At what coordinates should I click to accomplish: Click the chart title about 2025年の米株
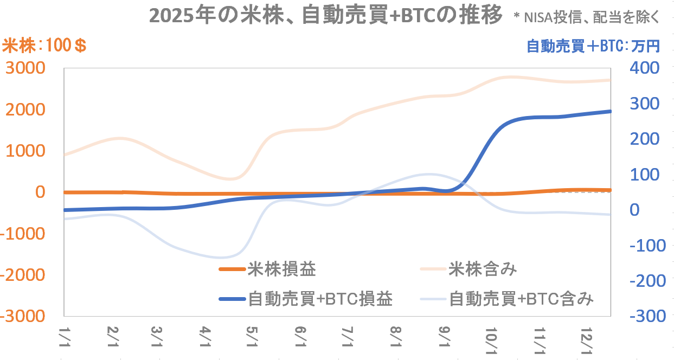(x=325, y=16)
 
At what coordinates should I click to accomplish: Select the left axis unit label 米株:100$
(x=45, y=46)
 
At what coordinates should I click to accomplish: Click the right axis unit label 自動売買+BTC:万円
(x=593, y=46)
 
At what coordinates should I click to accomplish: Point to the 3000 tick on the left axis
(x=26, y=68)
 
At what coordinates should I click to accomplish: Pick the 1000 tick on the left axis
(x=26, y=151)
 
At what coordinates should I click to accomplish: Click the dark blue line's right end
(x=611, y=111)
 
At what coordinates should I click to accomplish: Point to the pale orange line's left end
(x=65, y=155)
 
